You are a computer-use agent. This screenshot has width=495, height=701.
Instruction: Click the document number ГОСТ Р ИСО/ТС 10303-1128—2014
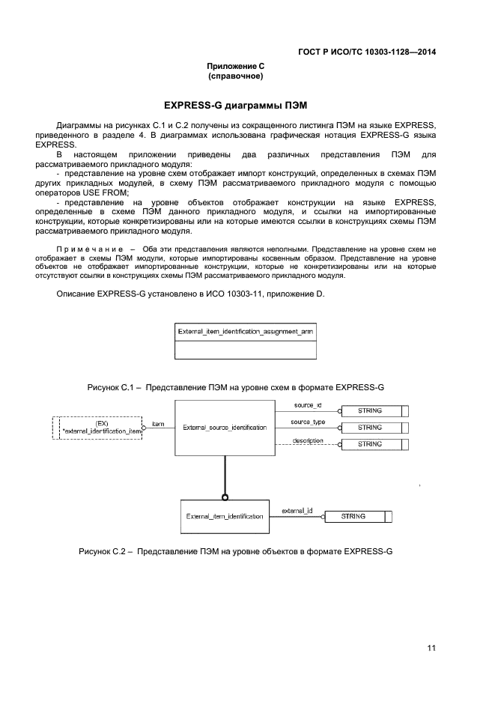point(367,52)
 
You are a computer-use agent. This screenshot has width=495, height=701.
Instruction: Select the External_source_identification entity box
point(225,428)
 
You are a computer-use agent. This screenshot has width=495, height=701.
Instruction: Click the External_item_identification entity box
point(225,516)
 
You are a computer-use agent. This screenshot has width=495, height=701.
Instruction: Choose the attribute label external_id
point(297,511)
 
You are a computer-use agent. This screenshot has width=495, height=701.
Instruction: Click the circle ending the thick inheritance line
point(225,497)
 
